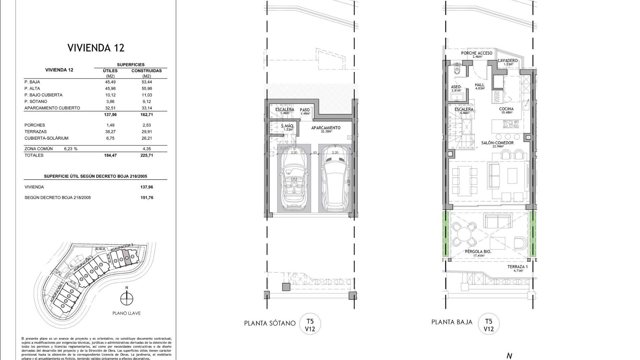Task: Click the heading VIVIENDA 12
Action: (96, 48)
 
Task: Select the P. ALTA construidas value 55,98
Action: (147, 88)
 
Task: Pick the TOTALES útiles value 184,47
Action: (110, 155)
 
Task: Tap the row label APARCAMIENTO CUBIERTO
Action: (52, 108)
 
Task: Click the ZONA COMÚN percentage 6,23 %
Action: (71, 149)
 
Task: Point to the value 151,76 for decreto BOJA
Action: (147, 198)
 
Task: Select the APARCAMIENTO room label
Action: (326, 128)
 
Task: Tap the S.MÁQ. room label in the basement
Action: (287, 126)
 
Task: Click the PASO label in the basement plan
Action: (305, 110)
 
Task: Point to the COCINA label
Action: (506, 109)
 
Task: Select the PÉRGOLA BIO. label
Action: (478, 252)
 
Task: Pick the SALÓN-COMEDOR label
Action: (497, 143)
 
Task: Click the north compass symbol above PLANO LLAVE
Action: (126, 299)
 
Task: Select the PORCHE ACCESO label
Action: (476, 53)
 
